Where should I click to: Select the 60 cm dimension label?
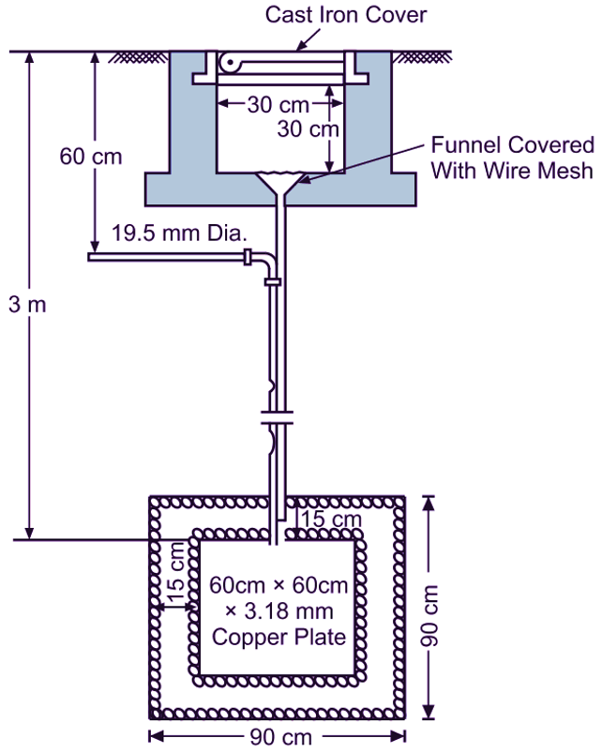91,156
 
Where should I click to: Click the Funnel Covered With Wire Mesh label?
512,158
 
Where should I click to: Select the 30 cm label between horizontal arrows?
274,104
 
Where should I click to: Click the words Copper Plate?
278,637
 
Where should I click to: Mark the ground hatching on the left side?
130,58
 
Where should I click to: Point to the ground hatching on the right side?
415,58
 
